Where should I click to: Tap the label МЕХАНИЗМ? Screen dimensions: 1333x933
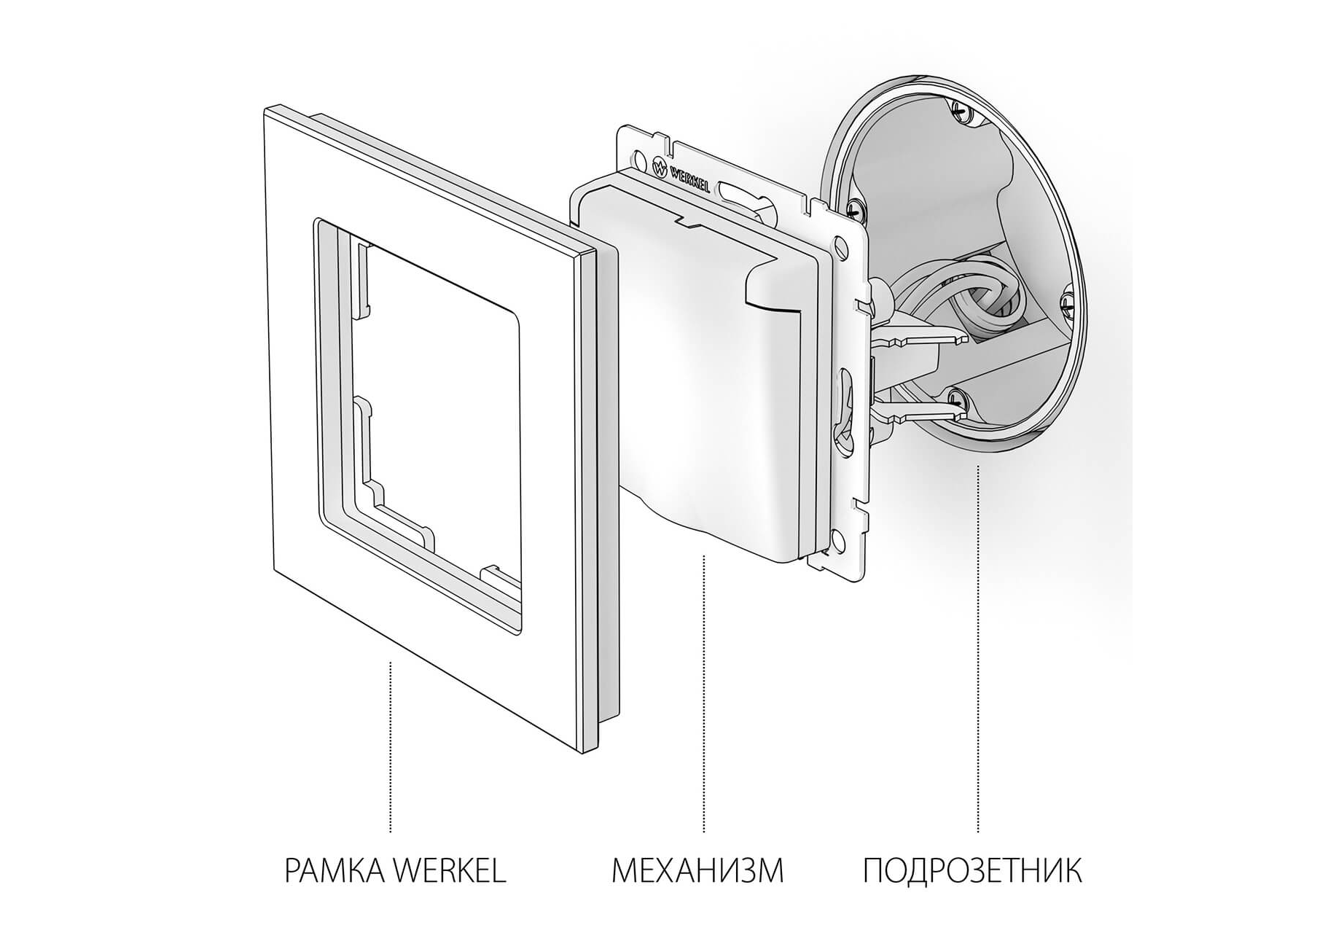(697, 871)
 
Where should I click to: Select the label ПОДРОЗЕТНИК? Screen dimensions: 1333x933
(972, 871)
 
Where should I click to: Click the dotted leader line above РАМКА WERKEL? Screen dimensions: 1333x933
(391, 747)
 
